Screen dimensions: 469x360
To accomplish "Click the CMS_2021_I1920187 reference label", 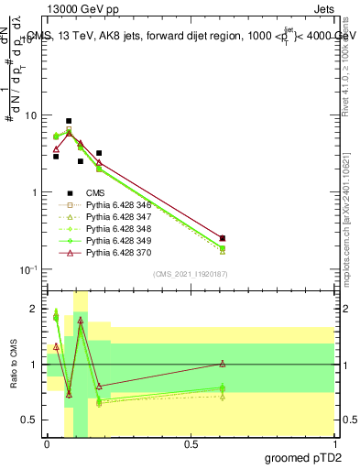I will click(x=190, y=274).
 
